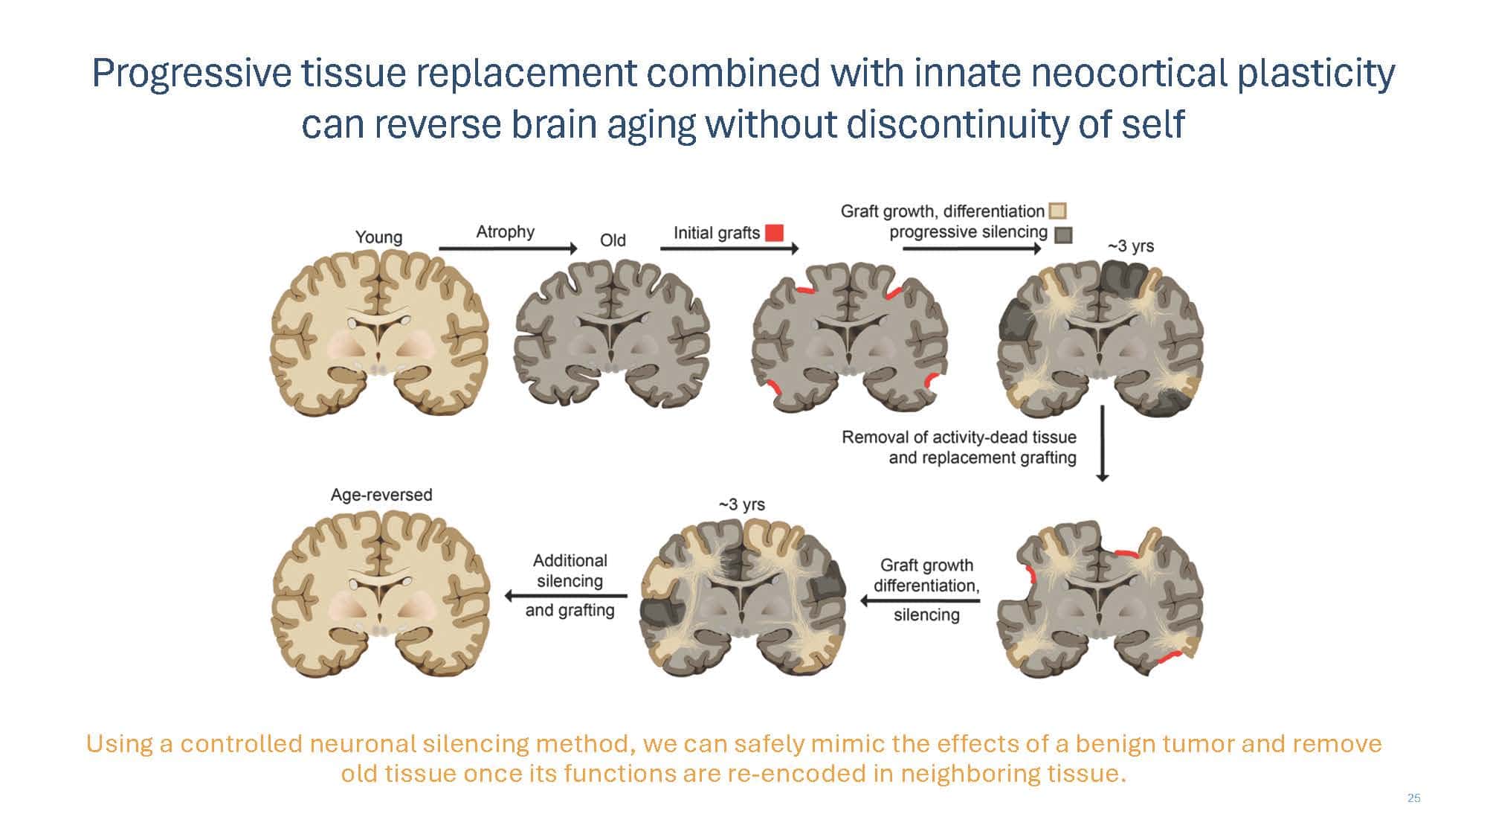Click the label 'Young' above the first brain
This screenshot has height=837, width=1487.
378,237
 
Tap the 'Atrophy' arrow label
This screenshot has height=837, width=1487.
505,232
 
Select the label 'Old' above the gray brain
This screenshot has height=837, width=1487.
613,240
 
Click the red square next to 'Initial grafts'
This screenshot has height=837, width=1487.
774,233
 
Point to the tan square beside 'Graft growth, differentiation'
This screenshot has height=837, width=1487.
1057,211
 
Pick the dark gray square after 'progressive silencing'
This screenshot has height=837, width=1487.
1064,234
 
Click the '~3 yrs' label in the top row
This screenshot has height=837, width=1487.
1130,246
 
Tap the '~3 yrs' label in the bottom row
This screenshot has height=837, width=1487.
741,504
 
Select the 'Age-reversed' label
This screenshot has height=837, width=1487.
381,495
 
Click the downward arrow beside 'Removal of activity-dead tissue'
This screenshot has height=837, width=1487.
1103,443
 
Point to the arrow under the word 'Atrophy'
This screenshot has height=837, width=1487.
508,248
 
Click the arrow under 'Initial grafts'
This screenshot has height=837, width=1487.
729,248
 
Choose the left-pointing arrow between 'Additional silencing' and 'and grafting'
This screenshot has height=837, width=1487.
566,596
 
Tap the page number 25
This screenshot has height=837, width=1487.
1413,798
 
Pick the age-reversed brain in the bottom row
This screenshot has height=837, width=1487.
381,594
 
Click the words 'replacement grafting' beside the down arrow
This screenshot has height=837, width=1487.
982,458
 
